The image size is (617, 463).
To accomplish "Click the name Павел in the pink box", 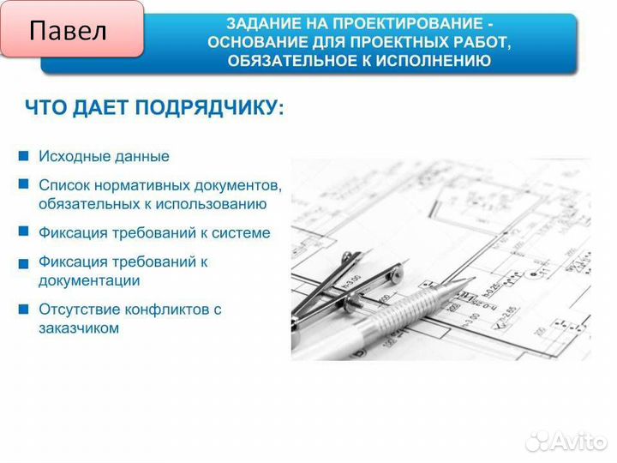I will pyautogui.click(x=68, y=32).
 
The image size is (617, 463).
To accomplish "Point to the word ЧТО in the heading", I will pyautogui.click(x=44, y=108).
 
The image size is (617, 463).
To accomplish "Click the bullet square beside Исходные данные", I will pyautogui.click(x=23, y=156).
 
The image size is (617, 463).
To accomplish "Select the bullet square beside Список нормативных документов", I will pyautogui.click(x=23, y=184).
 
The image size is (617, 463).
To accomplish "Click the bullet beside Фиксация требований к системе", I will pyautogui.click(x=23, y=231).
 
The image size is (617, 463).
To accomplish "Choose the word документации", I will pyautogui.click(x=89, y=280).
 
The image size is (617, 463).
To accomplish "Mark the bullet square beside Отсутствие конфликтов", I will pyautogui.click(x=23, y=308).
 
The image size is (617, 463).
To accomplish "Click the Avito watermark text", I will pyautogui.click(x=578, y=441).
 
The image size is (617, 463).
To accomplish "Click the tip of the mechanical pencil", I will pyautogui.click(x=473, y=280).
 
